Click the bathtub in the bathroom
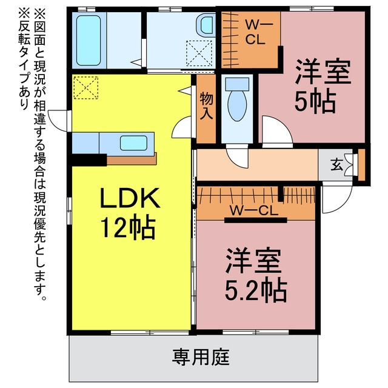pos(89,41)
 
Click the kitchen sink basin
pos(133,143)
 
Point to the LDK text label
pos(130,198)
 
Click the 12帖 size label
pos(129,228)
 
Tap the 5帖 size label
pos(315,102)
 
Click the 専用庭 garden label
pos(201,357)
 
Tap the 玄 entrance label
pos(336,165)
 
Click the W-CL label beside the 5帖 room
pos(256,32)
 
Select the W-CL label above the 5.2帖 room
pos(254,210)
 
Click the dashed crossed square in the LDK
pos(86,87)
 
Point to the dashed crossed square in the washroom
pos(199,53)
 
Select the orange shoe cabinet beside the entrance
pos(361,164)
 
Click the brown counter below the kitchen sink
pos(132,159)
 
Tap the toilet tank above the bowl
pos(237,84)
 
